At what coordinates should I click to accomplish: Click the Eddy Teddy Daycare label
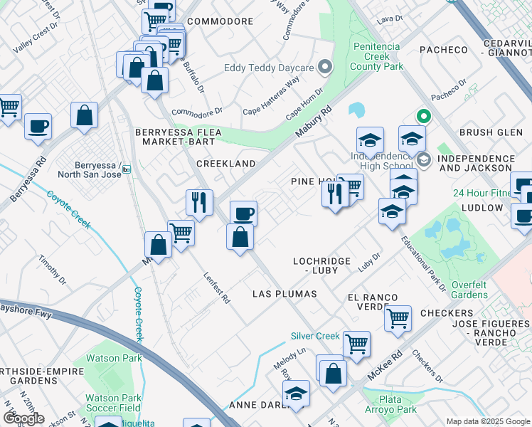269,68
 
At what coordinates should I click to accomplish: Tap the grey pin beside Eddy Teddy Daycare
326,68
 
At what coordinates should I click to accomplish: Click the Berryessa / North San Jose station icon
127,169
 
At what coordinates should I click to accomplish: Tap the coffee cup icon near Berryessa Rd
38,126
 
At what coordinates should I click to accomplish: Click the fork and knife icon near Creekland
200,202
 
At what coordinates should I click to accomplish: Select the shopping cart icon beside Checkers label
398,317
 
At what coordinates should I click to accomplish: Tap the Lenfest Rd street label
217,289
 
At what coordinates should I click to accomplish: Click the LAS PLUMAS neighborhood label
284,294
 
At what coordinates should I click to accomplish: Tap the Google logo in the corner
23,418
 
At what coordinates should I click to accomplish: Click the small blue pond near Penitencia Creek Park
356,110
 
